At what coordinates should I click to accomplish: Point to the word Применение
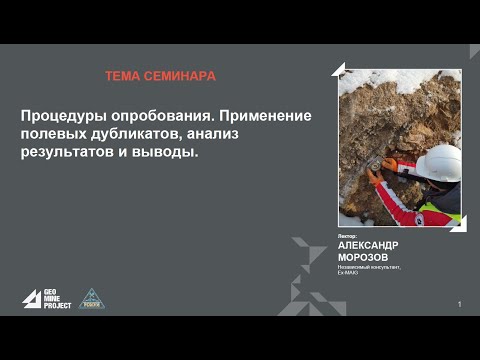pos(263,116)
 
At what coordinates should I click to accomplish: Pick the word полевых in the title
pos(52,135)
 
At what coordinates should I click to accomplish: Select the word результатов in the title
pos(66,154)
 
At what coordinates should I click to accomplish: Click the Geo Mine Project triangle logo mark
pos(32,299)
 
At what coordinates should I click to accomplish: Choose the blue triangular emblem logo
pos(91,299)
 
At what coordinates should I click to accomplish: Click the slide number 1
pos(459,303)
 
